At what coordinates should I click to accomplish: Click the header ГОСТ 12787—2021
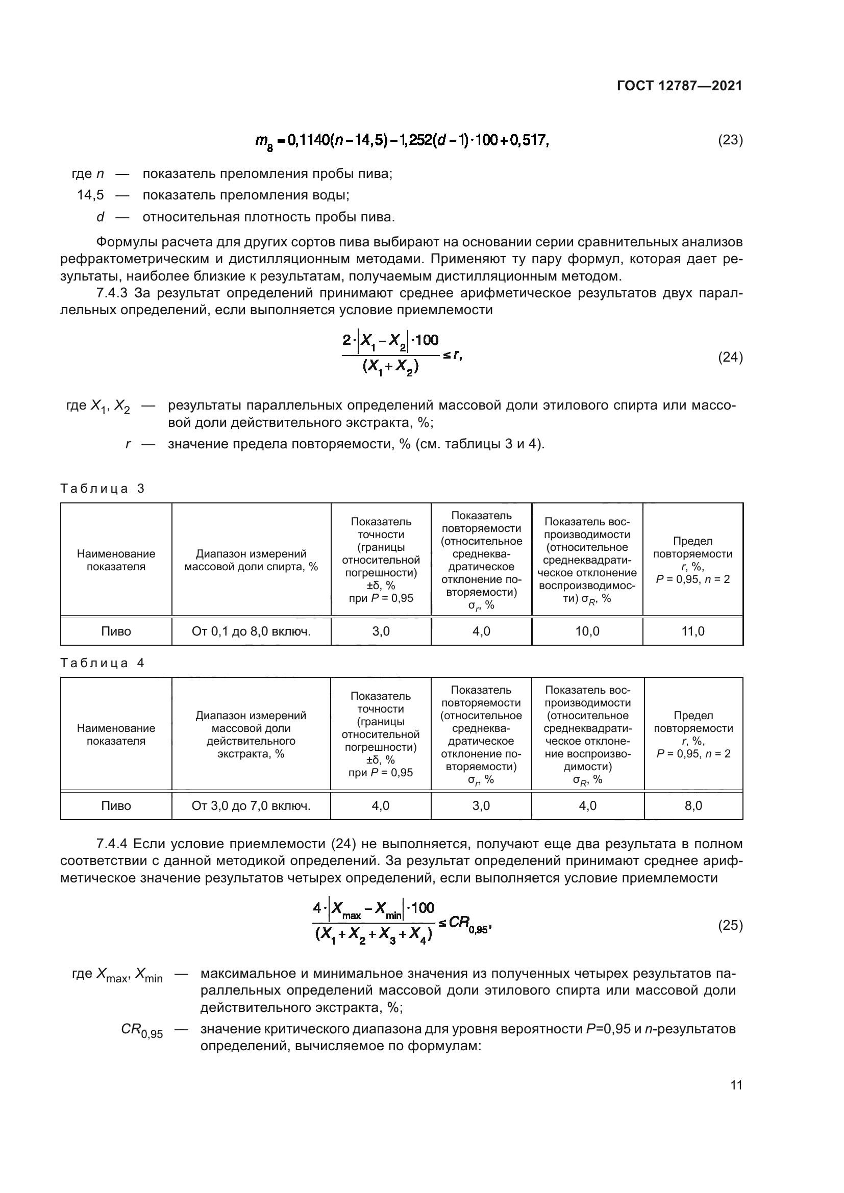coord(679,86)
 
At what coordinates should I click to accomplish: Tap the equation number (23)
coord(730,140)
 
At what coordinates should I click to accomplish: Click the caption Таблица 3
coord(103,489)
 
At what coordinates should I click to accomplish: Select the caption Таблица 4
coord(103,663)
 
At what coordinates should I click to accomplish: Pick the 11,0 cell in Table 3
coord(693,631)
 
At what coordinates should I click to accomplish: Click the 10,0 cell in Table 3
coord(587,631)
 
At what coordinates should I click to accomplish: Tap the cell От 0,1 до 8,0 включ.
coord(251,631)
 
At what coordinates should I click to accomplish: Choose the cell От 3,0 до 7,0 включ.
coord(251,806)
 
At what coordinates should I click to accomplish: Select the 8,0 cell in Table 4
coord(693,806)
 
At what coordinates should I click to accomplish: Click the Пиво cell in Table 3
coord(116,631)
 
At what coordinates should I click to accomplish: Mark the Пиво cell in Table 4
coord(116,806)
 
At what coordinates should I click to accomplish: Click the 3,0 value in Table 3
coord(381,631)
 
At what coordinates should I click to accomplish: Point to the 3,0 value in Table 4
coord(481,806)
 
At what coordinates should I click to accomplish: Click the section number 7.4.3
coord(112,293)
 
